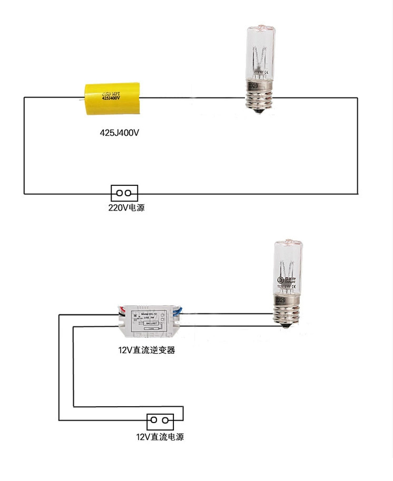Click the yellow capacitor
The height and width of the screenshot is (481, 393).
pos(112,97)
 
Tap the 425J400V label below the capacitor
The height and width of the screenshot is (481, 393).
pos(120,133)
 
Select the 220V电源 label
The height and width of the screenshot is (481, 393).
pos(126,207)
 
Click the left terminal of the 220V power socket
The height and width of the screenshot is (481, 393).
pos(120,193)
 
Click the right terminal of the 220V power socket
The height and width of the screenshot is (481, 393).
pos(128,193)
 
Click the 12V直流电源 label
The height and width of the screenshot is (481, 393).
pos(160,437)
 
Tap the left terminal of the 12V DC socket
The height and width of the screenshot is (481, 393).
pos(154,420)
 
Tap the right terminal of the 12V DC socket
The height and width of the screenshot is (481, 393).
pos(165,420)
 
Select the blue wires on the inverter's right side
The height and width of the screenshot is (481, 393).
pos(180,312)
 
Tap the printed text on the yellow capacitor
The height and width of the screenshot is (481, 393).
pos(112,95)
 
